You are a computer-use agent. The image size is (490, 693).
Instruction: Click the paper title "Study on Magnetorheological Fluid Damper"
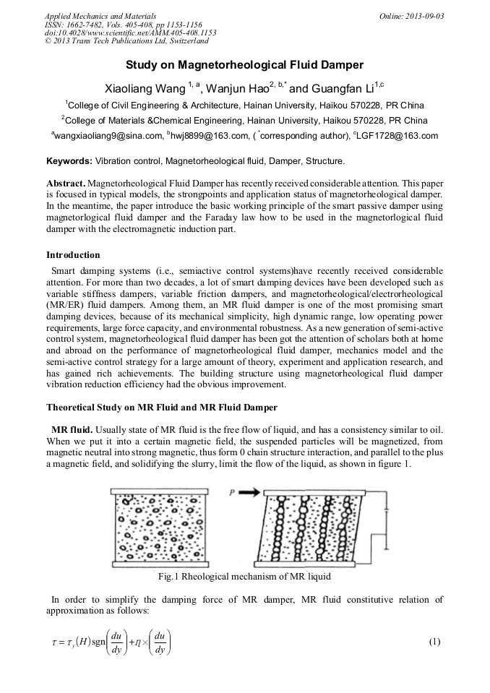pos(244,65)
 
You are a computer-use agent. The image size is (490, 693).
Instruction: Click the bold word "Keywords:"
pos(69,160)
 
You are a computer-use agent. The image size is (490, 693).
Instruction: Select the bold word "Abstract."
pos(66,184)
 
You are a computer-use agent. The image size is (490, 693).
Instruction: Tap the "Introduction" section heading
pos(73,254)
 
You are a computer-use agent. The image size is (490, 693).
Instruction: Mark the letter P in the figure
pos(233,492)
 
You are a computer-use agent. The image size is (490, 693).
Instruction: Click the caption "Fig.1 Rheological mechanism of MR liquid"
pos(244,577)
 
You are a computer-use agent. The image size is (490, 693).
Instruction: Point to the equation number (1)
pos(434,642)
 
